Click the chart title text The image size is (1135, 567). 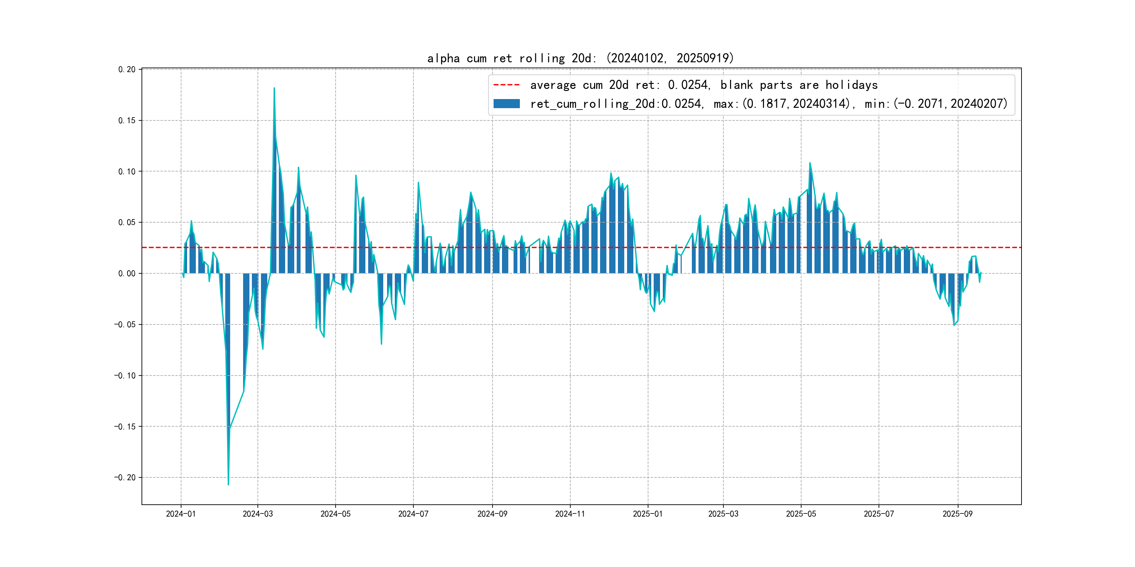(580, 58)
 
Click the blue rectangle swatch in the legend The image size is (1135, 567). (506, 104)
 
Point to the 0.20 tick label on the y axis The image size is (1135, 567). (127, 70)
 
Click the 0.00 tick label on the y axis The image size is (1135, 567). (127, 273)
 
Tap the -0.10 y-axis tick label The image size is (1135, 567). (125, 376)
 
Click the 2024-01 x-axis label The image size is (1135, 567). (181, 514)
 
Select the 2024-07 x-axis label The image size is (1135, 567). (413, 514)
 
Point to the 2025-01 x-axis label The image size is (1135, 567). (648, 514)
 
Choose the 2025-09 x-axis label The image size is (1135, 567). (957, 514)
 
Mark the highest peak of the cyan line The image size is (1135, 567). (274, 88)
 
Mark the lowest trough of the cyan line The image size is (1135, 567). (228, 485)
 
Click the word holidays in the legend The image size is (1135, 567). (851, 85)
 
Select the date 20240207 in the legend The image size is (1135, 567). (978, 104)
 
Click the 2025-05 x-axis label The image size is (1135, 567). (800, 514)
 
